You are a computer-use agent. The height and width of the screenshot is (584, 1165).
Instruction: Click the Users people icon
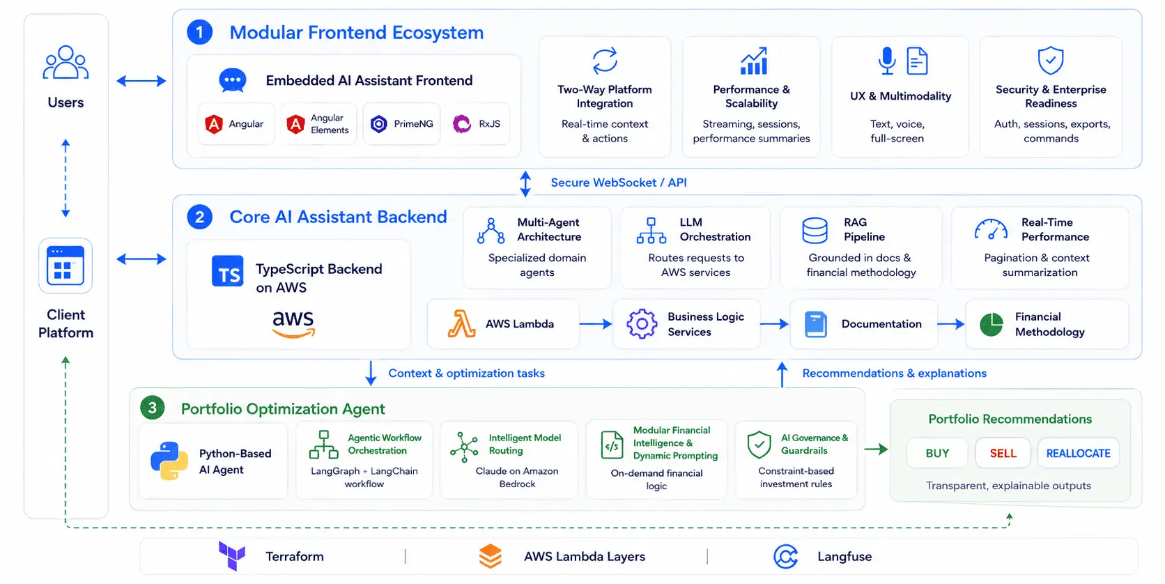(65, 63)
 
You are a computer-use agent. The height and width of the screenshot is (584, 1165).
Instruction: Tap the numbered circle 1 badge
(200, 32)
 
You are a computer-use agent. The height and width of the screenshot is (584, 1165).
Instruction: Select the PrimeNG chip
(401, 124)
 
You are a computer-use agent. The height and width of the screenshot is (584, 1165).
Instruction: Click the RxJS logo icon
(462, 124)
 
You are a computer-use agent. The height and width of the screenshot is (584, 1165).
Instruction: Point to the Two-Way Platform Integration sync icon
(605, 61)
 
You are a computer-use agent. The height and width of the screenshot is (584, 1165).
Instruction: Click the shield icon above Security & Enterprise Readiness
(1051, 61)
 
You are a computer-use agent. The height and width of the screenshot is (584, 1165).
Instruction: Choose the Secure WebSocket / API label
(619, 183)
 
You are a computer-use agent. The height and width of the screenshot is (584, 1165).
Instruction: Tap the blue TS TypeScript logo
(228, 271)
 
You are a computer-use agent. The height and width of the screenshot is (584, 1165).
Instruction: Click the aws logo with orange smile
(293, 323)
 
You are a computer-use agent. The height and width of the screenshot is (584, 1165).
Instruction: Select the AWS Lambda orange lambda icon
(461, 323)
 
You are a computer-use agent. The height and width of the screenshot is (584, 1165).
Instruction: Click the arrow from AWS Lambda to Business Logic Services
(596, 323)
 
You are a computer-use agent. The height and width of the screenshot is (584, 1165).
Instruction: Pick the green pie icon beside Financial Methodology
(992, 325)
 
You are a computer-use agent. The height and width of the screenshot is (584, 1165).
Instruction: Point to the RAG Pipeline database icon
(815, 231)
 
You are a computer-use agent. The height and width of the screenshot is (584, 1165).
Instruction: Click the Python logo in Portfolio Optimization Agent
(169, 461)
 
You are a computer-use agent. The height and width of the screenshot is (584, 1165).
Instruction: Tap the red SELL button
(1003, 453)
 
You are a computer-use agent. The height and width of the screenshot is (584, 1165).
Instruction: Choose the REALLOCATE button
(1078, 453)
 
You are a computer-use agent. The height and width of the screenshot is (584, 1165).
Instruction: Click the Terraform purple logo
(232, 556)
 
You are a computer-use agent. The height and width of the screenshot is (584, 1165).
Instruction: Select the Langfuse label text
(844, 556)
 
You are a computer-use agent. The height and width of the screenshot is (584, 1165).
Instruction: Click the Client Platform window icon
(65, 266)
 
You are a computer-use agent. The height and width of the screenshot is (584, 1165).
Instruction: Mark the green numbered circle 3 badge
(153, 408)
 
